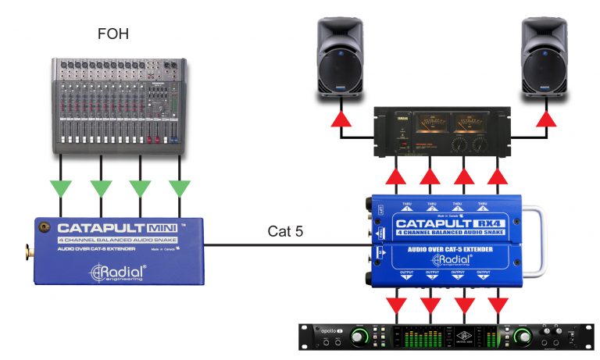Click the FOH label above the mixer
click(115, 34)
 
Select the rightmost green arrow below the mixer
click(180, 188)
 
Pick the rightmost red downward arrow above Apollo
click(498, 301)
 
